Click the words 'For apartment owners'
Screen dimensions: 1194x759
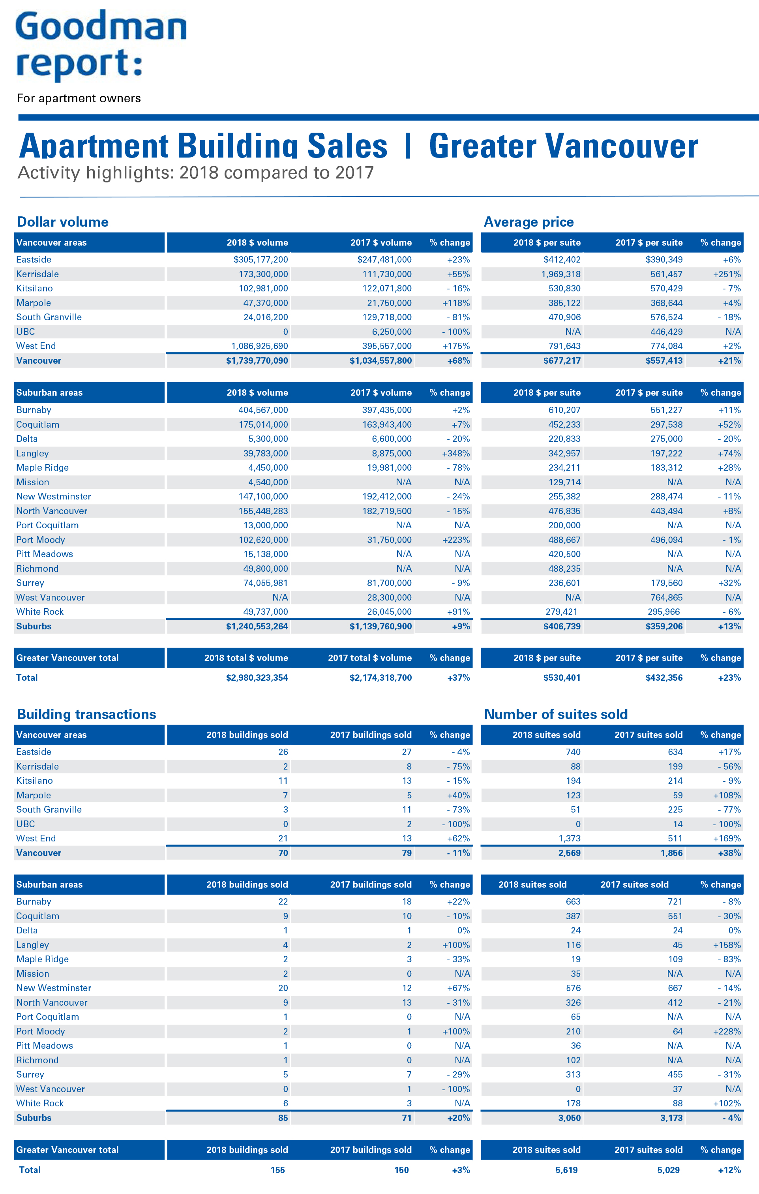click(79, 98)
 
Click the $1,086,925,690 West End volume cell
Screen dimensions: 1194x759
click(259, 346)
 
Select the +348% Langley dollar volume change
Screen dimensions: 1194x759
click(456, 453)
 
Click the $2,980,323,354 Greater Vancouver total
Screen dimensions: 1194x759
click(257, 678)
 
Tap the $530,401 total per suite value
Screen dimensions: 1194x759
click(562, 678)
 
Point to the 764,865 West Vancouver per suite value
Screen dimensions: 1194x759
click(666, 597)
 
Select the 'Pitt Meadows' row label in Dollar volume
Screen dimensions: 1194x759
click(45, 554)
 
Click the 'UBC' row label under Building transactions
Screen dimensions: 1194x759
click(26, 824)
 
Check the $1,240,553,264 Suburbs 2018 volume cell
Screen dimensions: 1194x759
click(257, 626)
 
